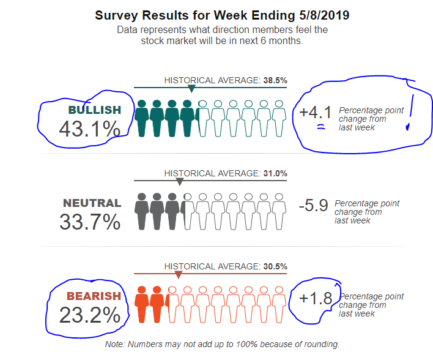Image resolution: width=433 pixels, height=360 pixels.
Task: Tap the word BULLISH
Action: point(94,110)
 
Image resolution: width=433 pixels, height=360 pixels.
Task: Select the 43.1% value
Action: point(89,129)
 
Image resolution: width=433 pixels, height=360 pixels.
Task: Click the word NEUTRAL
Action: point(92,203)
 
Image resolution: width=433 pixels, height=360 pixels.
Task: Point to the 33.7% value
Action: point(89,222)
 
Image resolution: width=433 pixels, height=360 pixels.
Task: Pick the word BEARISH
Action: point(94,296)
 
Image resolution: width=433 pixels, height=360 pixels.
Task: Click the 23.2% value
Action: point(89,315)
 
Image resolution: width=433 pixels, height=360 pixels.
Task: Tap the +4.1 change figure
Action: point(316,113)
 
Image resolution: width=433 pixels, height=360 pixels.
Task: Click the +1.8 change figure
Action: point(316,299)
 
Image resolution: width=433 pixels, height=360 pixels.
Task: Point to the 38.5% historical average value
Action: point(275,80)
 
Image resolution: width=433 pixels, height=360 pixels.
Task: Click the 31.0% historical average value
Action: point(275,173)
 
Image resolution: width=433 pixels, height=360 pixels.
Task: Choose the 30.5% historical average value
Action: point(275,266)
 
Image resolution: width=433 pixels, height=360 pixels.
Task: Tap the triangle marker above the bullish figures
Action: point(191,89)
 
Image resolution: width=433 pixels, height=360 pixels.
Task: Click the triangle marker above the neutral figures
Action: point(180,182)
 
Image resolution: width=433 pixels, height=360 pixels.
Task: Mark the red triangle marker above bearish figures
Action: point(179,275)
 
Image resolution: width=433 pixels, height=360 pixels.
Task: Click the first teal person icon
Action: point(142,118)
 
